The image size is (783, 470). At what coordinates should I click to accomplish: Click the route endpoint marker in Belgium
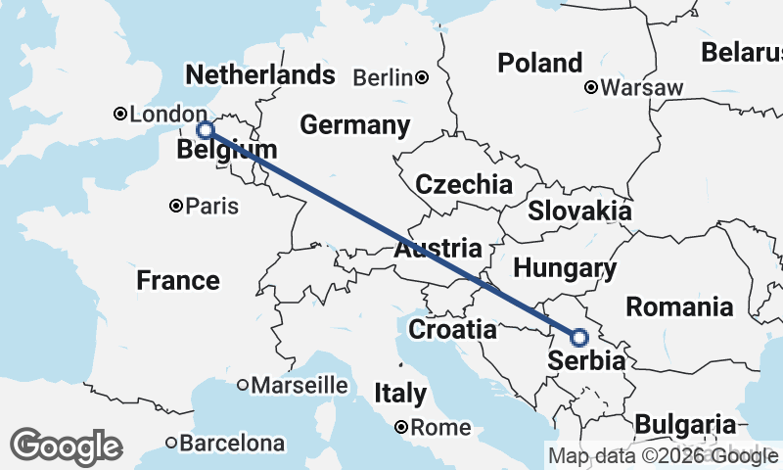[x=206, y=130]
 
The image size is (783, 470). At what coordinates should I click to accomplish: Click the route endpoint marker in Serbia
[x=578, y=338]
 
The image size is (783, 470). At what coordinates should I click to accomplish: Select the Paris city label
[x=212, y=207]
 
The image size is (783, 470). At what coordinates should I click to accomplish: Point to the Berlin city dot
[x=422, y=77]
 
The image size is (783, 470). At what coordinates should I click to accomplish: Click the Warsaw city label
[x=641, y=88]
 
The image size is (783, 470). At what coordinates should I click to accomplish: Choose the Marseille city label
[x=299, y=385]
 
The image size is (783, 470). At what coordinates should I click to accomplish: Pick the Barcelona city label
[x=232, y=443]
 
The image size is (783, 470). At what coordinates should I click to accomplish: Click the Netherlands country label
[x=259, y=75]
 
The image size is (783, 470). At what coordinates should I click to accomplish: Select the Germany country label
[x=354, y=125]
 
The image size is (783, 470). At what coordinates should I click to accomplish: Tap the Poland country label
[x=539, y=64]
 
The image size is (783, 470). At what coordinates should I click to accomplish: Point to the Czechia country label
[x=463, y=184]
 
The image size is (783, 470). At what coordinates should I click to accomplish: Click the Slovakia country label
[x=579, y=211]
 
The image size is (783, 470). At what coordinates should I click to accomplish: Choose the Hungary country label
[x=565, y=268]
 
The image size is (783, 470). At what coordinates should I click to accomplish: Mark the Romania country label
[x=679, y=306]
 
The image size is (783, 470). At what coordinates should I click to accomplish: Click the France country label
[x=178, y=281]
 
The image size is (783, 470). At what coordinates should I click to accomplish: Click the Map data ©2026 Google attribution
[x=663, y=456]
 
